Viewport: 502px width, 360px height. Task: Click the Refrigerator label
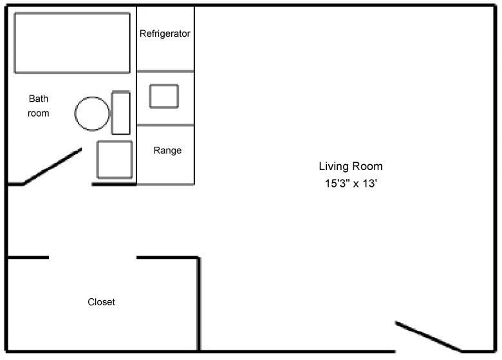[165, 33]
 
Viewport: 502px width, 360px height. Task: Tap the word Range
[167, 151]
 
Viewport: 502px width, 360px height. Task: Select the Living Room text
[350, 166]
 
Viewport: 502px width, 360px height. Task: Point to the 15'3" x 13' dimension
[350, 183]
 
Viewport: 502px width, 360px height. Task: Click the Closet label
[101, 301]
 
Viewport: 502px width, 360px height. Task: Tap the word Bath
[38, 99]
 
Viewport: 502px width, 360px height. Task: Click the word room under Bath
[38, 113]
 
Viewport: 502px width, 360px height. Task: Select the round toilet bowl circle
[92, 113]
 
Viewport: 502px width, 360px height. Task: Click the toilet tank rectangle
[121, 113]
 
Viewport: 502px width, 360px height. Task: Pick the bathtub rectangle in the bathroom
[71, 43]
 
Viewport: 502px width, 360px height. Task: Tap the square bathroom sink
[115, 159]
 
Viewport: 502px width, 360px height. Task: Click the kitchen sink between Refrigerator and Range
[164, 96]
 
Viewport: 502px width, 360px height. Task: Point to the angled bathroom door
[53, 167]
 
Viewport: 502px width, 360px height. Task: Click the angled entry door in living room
[428, 336]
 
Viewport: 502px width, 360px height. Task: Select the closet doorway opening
[92, 258]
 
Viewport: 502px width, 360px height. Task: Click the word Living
[334, 166]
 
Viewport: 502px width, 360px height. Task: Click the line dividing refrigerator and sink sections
[165, 71]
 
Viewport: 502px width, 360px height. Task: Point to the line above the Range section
[165, 125]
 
